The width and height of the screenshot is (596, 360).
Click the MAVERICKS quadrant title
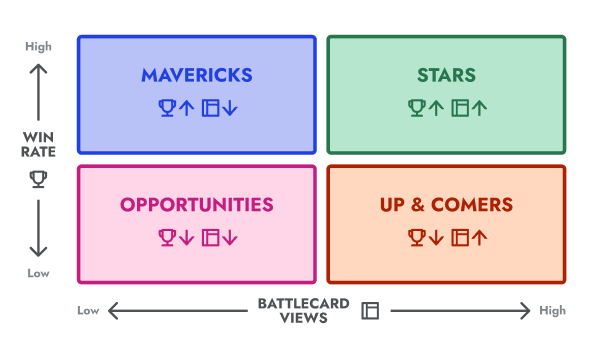pos(196,75)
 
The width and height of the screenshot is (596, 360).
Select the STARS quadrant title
pos(446,75)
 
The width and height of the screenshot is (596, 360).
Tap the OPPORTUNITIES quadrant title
pos(196,205)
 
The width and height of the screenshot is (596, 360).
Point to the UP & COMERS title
pos(446,205)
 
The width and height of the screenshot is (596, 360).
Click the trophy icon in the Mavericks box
pos(167,107)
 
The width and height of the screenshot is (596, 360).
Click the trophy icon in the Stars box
pos(417,107)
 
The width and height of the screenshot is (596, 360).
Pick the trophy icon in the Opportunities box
pos(167,237)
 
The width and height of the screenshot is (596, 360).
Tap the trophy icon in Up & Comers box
pos(417,237)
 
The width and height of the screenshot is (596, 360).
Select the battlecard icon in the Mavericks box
pos(211,107)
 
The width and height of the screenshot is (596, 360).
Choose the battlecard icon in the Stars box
pos(461,107)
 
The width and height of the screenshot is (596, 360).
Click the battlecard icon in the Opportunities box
pos(211,237)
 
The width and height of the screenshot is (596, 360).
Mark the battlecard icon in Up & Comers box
pos(461,237)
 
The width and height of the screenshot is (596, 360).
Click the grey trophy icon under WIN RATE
pos(38,179)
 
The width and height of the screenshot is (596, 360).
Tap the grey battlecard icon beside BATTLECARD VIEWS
pos(370,311)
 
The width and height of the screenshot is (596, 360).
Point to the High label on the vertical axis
pos(38,46)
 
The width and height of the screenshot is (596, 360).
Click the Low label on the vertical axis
pos(38,273)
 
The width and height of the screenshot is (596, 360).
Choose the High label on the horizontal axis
pos(552,311)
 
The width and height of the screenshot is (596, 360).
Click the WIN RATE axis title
pos(38,145)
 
